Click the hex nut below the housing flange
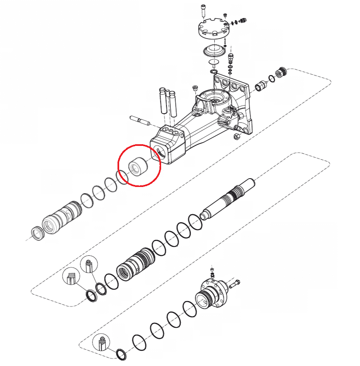click(x=236, y=136)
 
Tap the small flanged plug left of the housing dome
click(x=195, y=88)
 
